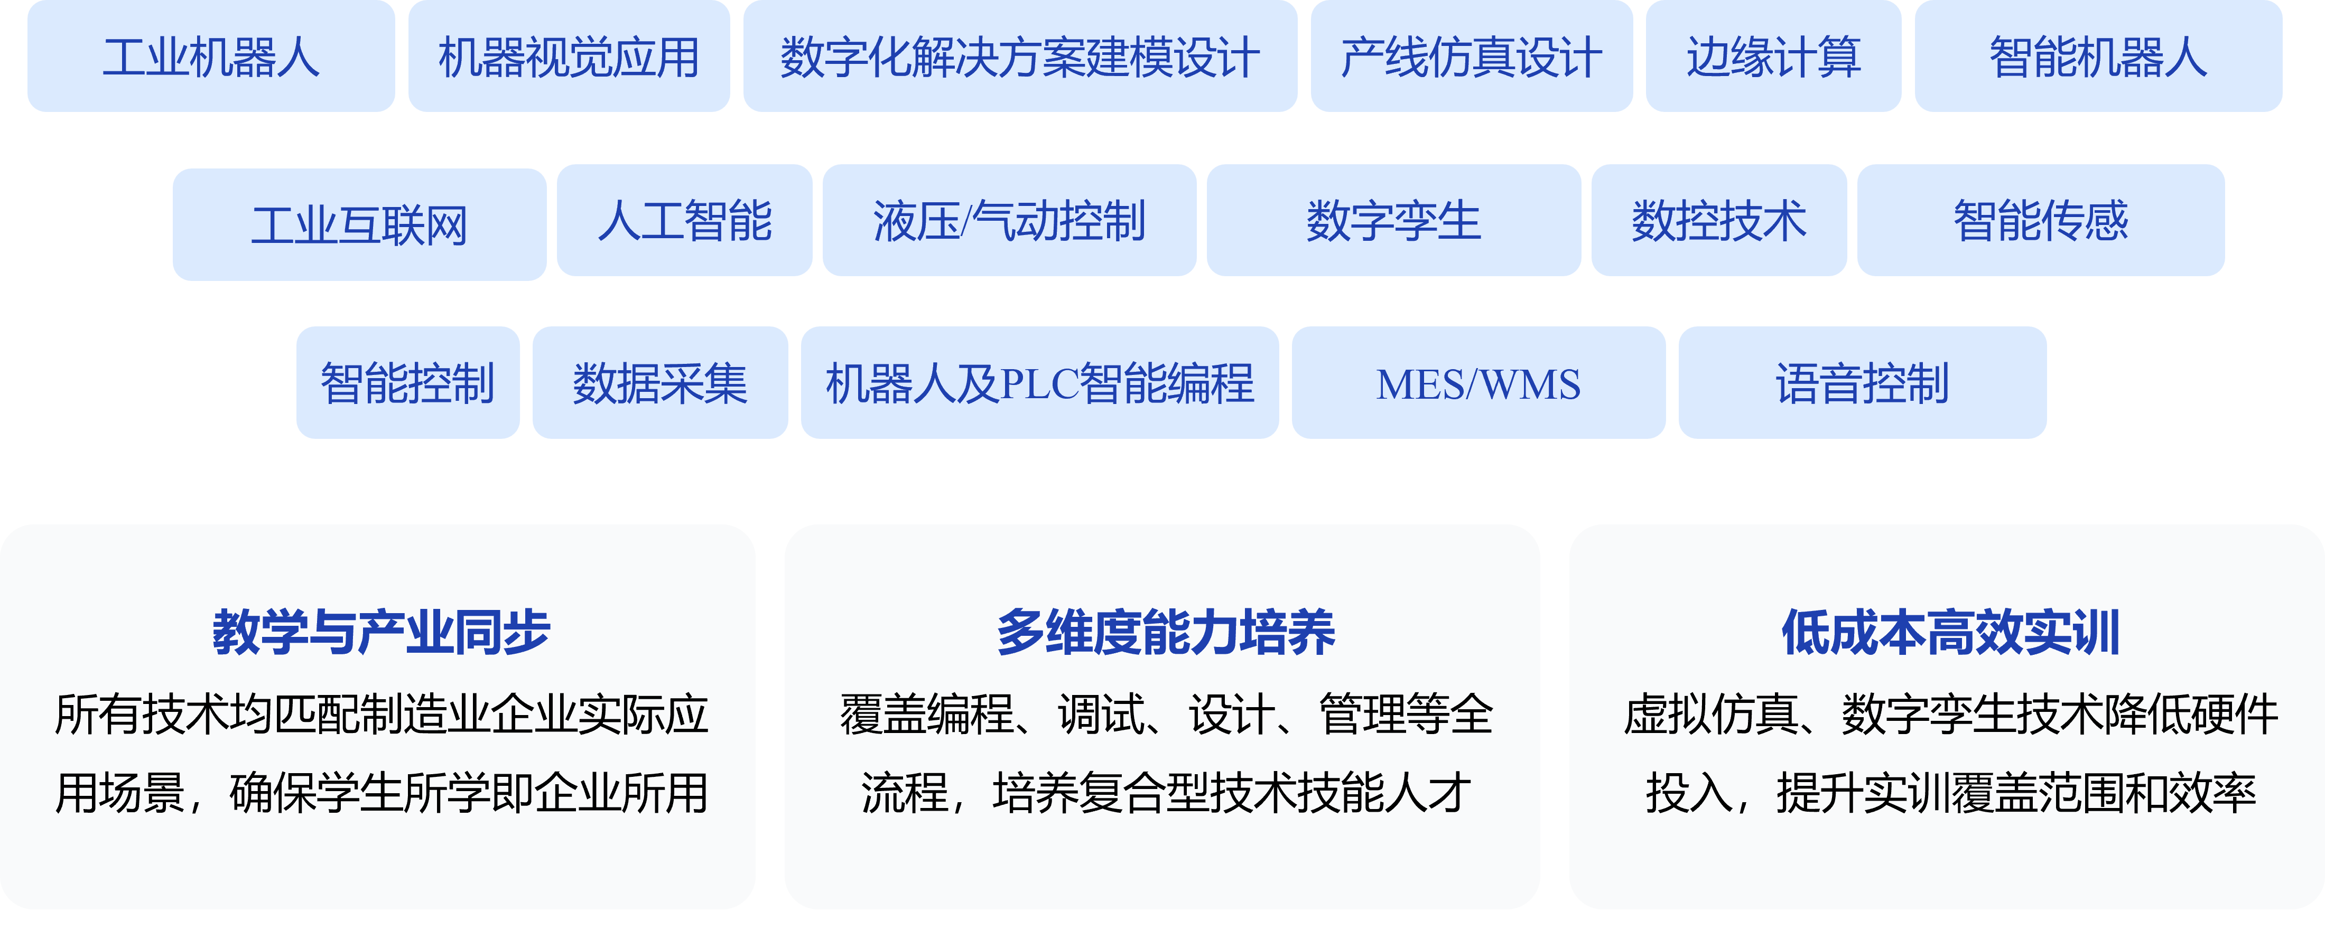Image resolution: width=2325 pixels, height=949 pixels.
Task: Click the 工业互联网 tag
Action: (359, 224)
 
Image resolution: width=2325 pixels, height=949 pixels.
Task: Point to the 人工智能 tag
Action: (684, 220)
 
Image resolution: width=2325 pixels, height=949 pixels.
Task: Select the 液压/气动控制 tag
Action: (1009, 220)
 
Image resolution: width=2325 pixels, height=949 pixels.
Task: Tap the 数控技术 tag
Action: (1718, 220)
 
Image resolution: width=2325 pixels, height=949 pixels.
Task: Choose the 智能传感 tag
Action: (2041, 220)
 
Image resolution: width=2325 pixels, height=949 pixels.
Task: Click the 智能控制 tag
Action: (408, 382)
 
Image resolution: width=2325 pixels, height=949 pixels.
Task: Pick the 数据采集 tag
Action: (660, 382)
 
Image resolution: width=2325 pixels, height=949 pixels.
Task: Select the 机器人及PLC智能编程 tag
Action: (1040, 382)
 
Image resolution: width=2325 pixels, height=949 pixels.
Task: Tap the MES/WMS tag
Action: (1478, 382)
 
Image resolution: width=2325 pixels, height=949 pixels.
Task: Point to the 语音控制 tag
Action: (1862, 382)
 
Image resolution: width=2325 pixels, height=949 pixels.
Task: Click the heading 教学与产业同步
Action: (381, 632)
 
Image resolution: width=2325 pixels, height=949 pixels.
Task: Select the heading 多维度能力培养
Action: (1165, 632)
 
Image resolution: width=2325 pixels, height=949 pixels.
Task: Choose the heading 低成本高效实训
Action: (1949, 632)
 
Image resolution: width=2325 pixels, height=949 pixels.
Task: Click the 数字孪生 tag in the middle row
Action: (1393, 220)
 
